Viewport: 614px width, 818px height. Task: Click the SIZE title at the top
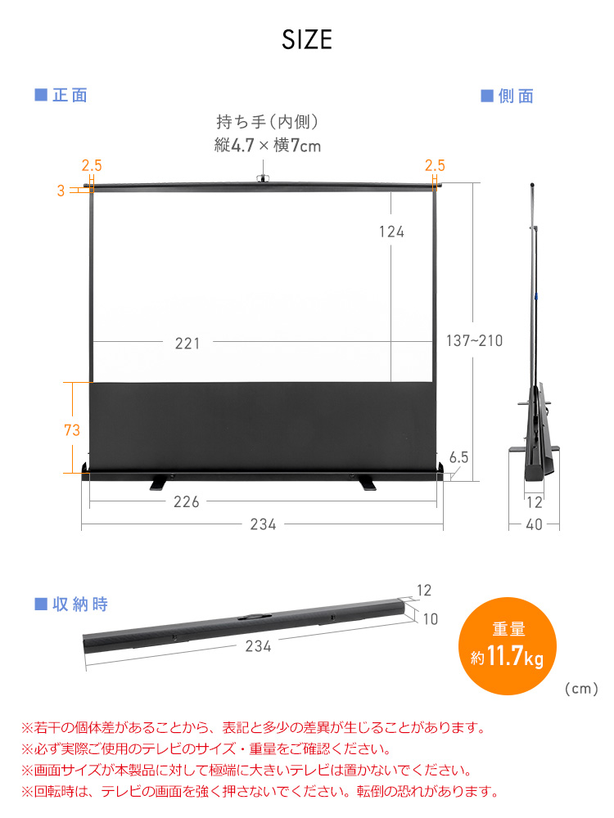pos(307,40)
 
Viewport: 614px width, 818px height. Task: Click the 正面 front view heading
pos(61,96)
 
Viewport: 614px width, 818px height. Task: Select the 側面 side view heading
pos(508,97)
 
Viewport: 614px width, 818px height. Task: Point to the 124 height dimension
pos(391,231)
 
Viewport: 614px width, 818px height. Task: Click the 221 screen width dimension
pos(187,344)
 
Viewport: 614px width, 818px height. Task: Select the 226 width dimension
pos(187,502)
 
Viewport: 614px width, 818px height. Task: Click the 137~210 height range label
pos(475,341)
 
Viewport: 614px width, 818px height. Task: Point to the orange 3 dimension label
pos(61,191)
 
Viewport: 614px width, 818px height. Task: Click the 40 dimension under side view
pos(534,525)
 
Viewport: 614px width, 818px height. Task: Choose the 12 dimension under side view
pos(534,502)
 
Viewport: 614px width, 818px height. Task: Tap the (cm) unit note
pos(582,690)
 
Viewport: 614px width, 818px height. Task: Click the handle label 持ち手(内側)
pos(267,122)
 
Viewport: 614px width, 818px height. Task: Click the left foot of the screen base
pos(162,484)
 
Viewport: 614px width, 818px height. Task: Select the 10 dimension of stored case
pos(430,619)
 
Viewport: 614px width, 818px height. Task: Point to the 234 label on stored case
pos(258,646)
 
